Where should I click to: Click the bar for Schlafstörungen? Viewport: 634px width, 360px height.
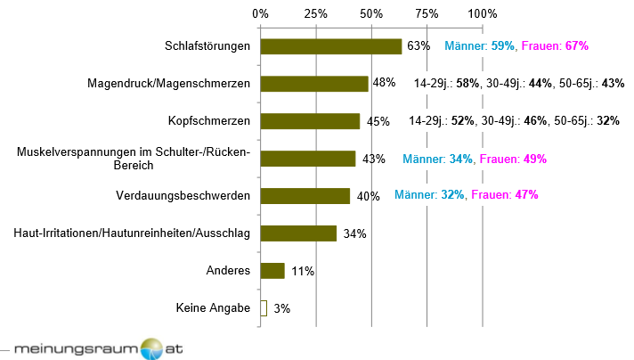[330, 46]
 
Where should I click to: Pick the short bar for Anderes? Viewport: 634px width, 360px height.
[272, 271]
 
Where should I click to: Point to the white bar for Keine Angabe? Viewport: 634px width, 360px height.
[264, 308]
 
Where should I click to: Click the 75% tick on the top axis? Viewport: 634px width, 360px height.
[427, 14]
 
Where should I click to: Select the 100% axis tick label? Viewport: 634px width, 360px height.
[482, 14]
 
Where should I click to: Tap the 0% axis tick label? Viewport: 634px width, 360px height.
[260, 14]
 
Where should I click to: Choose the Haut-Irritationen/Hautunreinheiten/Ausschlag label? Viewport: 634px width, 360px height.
[133, 233]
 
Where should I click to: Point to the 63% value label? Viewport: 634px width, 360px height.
[419, 46]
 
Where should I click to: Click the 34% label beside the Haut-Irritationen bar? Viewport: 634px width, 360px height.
[354, 234]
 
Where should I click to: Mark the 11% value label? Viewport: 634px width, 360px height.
[303, 272]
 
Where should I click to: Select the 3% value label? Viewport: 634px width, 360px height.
[281, 309]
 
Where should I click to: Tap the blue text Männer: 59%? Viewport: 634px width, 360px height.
[479, 45]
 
